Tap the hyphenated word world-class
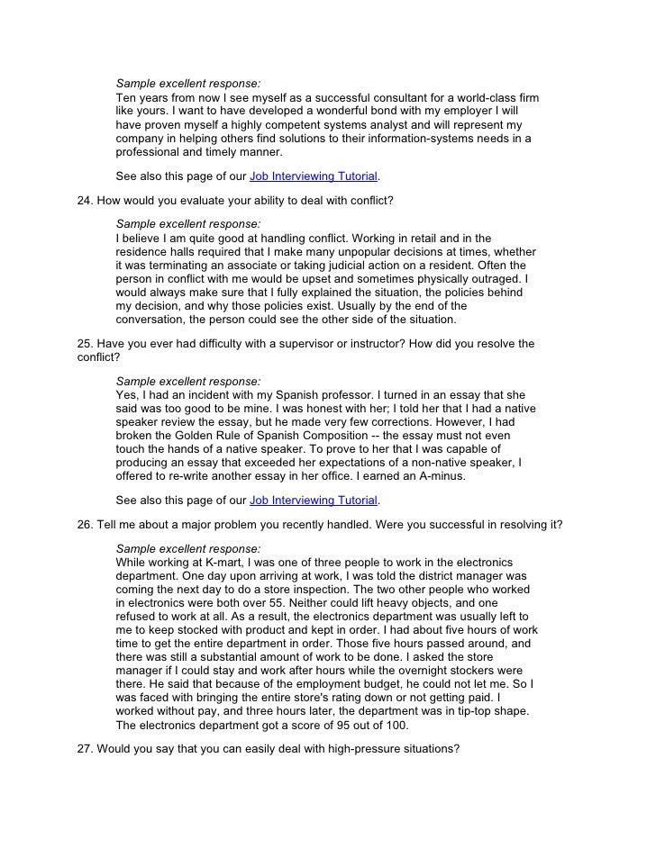479,96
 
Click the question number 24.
86,199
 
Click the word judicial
355,266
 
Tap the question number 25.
86,344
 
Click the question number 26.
86,525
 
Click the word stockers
460,671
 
